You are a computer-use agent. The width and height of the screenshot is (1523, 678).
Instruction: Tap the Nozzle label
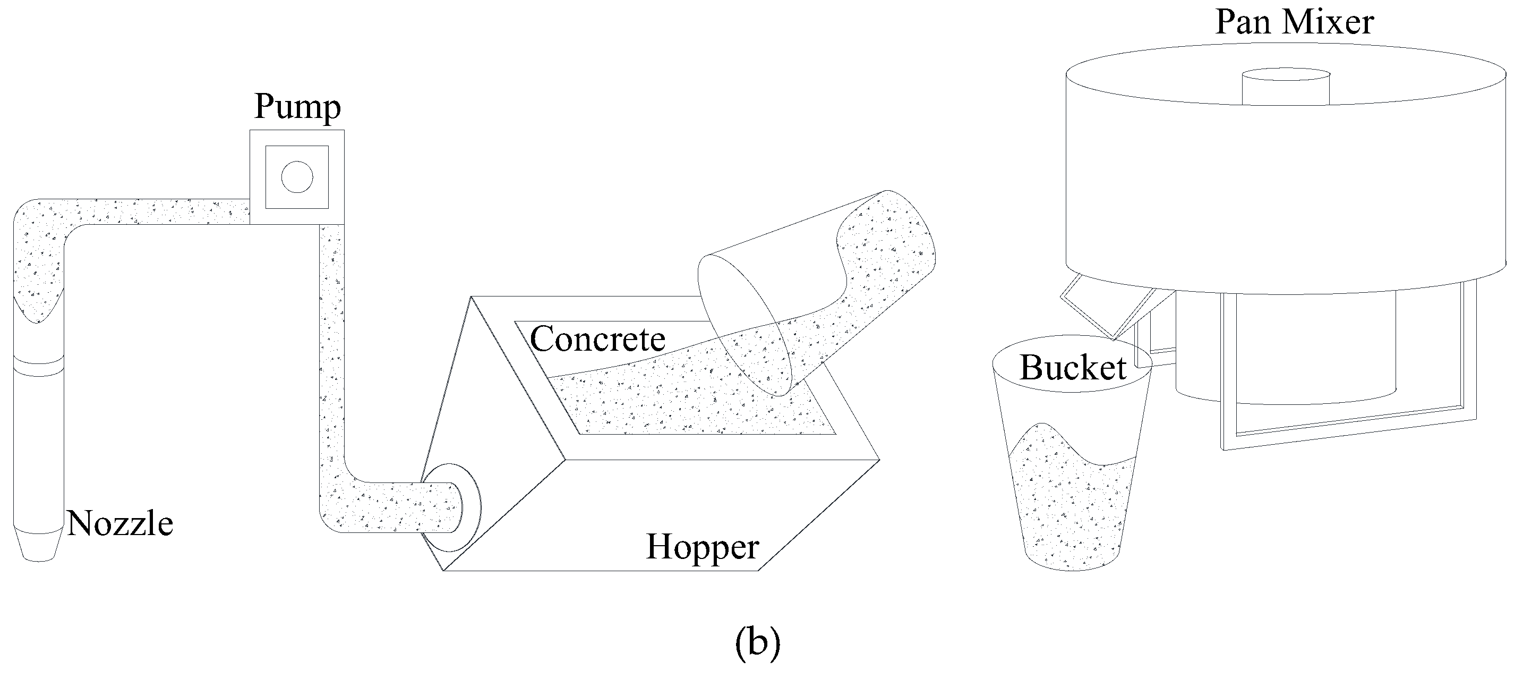(119, 523)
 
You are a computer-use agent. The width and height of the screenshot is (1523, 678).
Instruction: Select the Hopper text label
(702, 547)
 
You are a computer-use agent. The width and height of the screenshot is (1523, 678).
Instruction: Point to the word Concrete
(597, 339)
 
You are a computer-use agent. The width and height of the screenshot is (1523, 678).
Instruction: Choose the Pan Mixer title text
(1294, 22)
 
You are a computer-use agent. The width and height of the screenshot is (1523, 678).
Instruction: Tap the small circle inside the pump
(297, 177)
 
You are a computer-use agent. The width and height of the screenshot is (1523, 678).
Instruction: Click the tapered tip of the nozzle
(39, 546)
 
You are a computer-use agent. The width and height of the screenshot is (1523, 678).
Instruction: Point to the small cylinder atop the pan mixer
(1285, 87)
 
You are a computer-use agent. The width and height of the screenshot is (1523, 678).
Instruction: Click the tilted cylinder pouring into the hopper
(828, 284)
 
